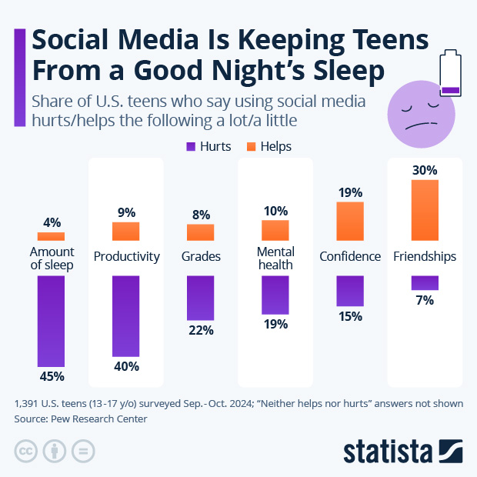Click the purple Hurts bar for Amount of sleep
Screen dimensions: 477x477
click(x=52, y=320)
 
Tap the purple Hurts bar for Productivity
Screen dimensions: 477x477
click(x=126, y=315)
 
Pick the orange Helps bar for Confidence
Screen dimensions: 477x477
click(x=350, y=221)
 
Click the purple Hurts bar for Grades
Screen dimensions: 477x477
click(x=201, y=297)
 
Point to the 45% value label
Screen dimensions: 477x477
click(x=52, y=376)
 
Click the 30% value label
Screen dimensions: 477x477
click(x=425, y=170)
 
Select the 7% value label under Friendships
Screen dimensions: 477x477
click(x=425, y=301)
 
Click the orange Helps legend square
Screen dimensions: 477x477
click(x=252, y=146)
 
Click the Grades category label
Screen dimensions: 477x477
click(x=201, y=256)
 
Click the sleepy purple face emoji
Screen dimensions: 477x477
click(x=421, y=115)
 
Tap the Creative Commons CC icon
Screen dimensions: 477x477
click(x=26, y=451)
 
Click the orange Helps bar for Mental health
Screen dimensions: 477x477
click(x=275, y=230)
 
